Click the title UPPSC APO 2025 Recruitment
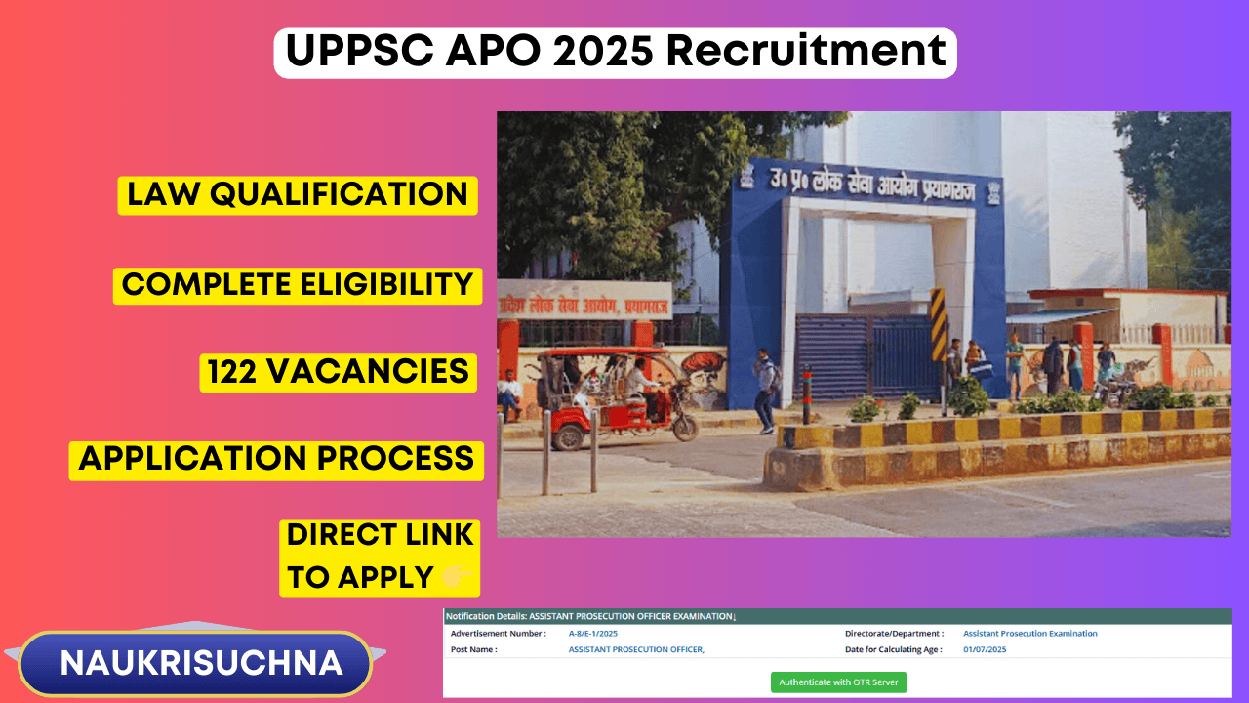[x=615, y=52]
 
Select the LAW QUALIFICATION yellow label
[x=298, y=194]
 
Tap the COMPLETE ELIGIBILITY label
[x=298, y=284]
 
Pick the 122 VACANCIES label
[x=338, y=372]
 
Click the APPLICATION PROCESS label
[x=276, y=459]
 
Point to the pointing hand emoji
[x=459, y=578]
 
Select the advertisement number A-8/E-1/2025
[x=592, y=634]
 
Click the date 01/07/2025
[x=984, y=649]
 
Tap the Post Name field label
[x=473, y=649]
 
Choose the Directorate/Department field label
[x=894, y=634]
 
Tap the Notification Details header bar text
[x=590, y=616]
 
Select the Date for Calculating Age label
[x=893, y=649]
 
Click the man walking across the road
[x=765, y=389]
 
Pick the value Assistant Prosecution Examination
[x=1029, y=634]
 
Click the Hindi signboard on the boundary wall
[x=584, y=301]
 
